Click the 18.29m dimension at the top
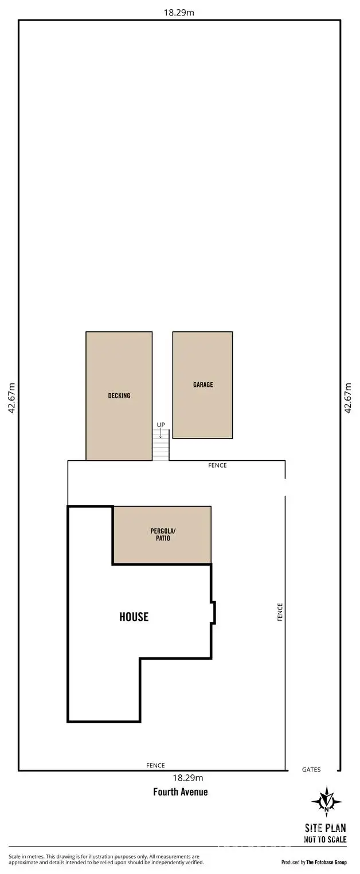point(179,12)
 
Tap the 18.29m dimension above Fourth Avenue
point(188,778)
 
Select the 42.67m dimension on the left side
point(11,398)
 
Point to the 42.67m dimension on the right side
point(347,398)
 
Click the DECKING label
point(119,395)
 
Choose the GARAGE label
point(203,385)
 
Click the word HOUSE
point(134,617)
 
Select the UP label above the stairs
point(161,425)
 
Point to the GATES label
point(311,770)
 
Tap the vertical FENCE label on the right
point(280,612)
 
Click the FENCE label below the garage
point(217,465)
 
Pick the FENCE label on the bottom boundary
point(155,766)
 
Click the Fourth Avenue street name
point(180,792)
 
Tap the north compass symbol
point(326,802)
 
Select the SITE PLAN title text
point(325,828)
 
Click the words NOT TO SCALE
point(325,839)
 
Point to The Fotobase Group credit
point(326,862)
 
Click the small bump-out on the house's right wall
point(213,612)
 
